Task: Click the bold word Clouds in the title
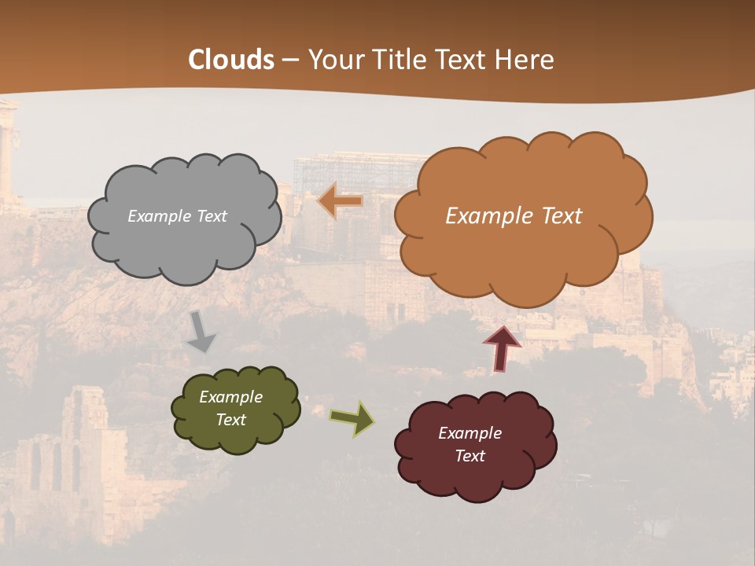[231, 60]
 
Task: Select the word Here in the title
[525, 60]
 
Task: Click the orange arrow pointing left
[341, 201]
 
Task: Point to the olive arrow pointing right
[352, 418]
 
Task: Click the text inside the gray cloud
[177, 216]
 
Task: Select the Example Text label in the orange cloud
[514, 216]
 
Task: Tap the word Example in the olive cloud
[230, 398]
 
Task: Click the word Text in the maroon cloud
[470, 456]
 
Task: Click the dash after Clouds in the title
[290, 61]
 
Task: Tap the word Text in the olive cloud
[230, 420]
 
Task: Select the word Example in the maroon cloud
[470, 433]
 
